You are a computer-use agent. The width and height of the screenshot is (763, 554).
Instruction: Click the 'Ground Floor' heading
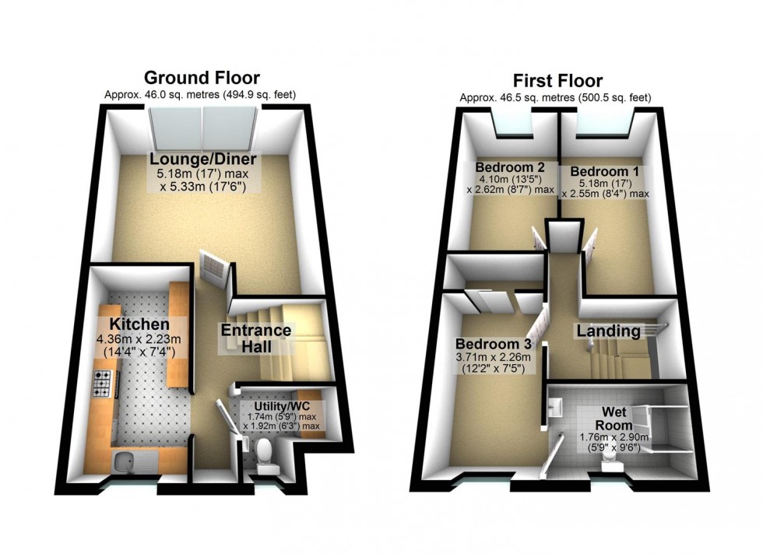[x=202, y=78]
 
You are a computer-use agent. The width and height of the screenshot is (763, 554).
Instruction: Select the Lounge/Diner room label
[x=203, y=161]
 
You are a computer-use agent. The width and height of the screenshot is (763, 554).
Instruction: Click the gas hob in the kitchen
[x=104, y=383]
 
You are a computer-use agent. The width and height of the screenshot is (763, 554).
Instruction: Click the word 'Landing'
[x=608, y=331]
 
